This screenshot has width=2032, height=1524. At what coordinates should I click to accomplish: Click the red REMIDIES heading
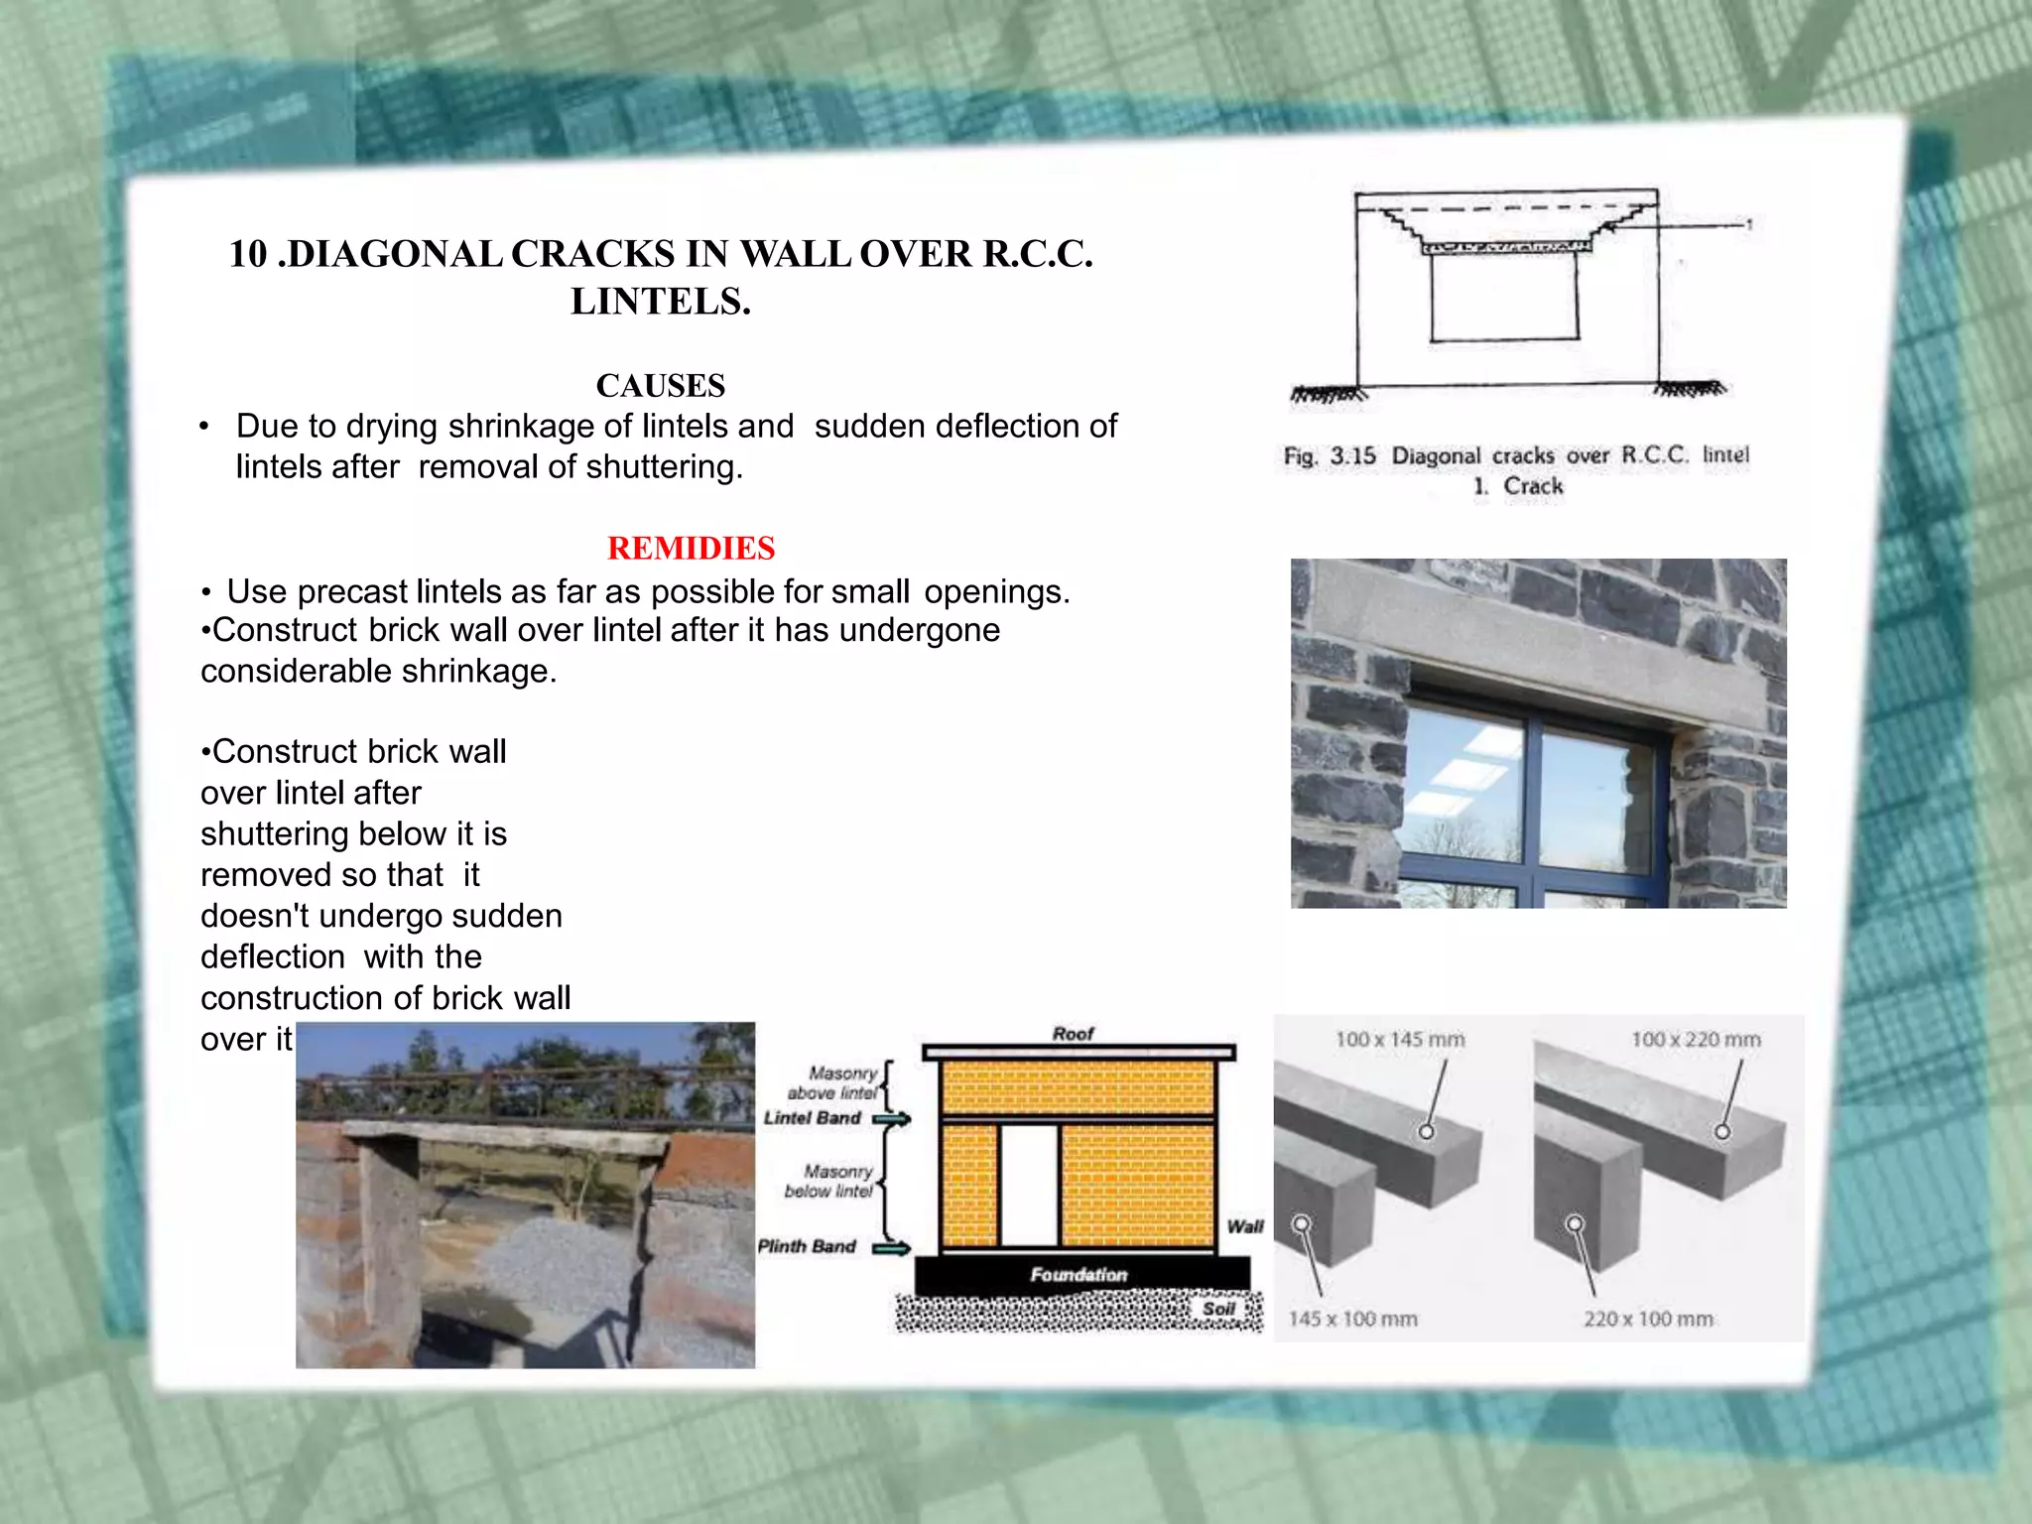pyautogui.click(x=691, y=548)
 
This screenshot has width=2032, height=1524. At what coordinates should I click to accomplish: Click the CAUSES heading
pyautogui.click(x=660, y=385)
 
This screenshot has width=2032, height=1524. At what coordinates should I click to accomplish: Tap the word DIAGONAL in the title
pyautogui.click(x=394, y=254)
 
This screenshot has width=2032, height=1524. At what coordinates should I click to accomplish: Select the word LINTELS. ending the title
pyautogui.click(x=660, y=302)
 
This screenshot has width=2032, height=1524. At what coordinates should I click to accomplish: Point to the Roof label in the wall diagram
pyautogui.click(x=1073, y=1034)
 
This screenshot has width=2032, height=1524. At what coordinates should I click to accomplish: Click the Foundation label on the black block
pyautogui.click(x=1079, y=1274)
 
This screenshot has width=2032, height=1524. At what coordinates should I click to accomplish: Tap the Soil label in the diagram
pyautogui.click(x=1218, y=1309)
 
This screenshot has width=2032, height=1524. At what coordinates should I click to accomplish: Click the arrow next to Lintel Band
pyautogui.click(x=891, y=1119)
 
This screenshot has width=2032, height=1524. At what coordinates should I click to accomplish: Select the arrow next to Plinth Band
pyautogui.click(x=891, y=1248)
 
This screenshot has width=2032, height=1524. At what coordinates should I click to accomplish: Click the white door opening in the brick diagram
pyautogui.click(x=1029, y=1185)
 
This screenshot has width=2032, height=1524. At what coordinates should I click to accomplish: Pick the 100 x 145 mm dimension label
pyautogui.click(x=1399, y=1040)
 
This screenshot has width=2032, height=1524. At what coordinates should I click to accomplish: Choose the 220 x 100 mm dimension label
pyautogui.click(x=1648, y=1319)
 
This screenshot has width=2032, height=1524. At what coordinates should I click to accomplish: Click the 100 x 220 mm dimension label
pyautogui.click(x=1696, y=1040)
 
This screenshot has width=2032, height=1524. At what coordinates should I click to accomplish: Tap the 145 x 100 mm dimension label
pyautogui.click(x=1352, y=1319)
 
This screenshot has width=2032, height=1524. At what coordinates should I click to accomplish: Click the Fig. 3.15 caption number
pyautogui.click(x=1352, y=456)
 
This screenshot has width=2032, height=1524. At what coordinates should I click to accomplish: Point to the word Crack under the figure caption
pyautogui.click(x=1533, y=486)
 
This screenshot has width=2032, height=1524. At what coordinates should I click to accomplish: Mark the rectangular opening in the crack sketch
pyautogui.click(x=1504, y=298)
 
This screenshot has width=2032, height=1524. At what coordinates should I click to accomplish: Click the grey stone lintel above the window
pyautogui.click(x=1538, y=645)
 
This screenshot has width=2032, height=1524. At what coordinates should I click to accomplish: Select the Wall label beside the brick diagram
pyautogui.click(x=1244, y=1226)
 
